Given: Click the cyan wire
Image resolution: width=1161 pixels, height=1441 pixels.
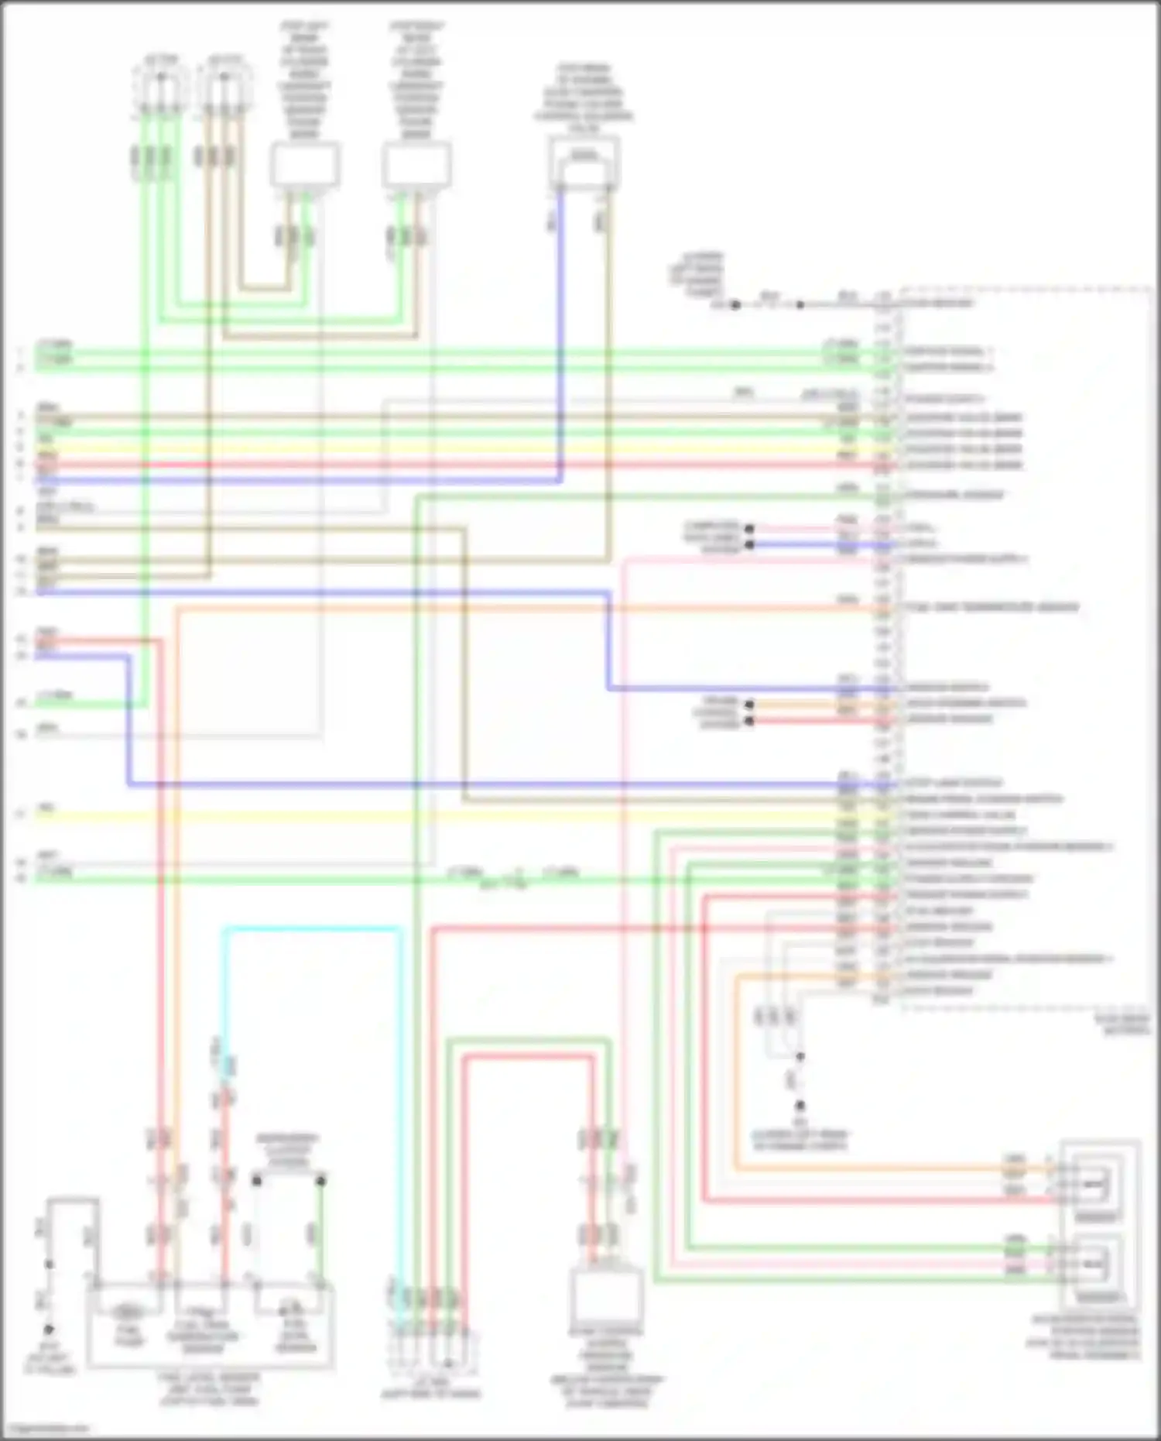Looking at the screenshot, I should (310, 928).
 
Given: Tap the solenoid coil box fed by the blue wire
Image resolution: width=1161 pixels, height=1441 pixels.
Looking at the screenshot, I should (584, 163).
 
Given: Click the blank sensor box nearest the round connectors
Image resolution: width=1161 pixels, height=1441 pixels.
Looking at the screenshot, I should (305, 165).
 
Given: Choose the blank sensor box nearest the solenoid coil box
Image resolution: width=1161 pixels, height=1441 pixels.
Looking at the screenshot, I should (418, 165).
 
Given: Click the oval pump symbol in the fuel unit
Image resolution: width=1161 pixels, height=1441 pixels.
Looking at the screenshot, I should (128, 1312).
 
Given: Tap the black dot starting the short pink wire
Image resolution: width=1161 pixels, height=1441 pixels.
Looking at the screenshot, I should (748, 529).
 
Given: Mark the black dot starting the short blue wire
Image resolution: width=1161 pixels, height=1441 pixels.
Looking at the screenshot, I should (748, 545).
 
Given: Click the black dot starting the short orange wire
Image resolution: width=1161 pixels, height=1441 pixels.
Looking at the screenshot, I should (748, 704).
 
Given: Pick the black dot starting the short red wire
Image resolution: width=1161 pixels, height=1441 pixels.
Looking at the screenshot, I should (748, 721).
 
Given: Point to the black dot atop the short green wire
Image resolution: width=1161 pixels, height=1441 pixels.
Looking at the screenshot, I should (320, 1180).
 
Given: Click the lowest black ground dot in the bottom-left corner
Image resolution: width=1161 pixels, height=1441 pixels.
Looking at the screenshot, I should (48, 1329).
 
